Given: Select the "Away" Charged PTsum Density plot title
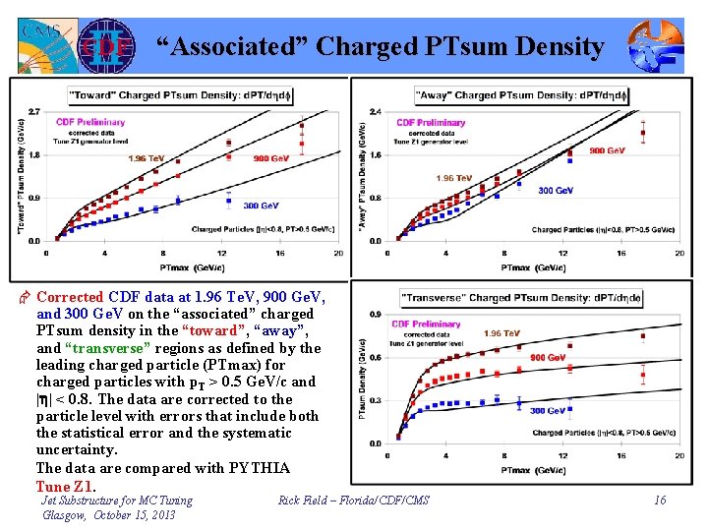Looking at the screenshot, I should click(x=513, y=95).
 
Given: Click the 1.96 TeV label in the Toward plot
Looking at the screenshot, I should click(x=147, y=158).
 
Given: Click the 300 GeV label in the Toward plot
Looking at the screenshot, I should click(x=258, y=206).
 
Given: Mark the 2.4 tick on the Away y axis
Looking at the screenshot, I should click(x=375, y=111).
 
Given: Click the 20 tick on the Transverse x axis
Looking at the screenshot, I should click(x=678, y=456).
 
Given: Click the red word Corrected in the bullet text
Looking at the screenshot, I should click(x=70, y=296).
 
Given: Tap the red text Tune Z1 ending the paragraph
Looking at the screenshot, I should click(x=66, y=486).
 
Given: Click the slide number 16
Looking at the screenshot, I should click(x=660, y=501).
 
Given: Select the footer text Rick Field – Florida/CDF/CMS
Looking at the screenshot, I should click(x=355, y=501).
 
